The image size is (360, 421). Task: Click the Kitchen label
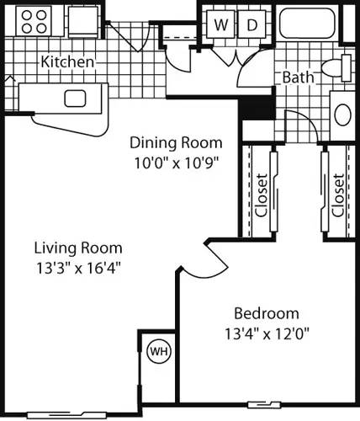point(68,61)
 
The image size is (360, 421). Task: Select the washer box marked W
point(220,25)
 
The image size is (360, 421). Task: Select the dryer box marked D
point(251,25)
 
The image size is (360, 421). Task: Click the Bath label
point(298,77)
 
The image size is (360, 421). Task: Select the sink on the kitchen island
point(75,98)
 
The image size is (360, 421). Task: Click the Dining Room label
point(176,142)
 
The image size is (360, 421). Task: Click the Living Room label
point(78,248)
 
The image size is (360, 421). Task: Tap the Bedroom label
point(267,312)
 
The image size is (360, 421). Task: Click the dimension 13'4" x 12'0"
point(267,332)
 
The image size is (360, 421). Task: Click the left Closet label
point(262,195)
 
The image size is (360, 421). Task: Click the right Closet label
point(337,195)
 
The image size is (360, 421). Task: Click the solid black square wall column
point(251,108)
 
